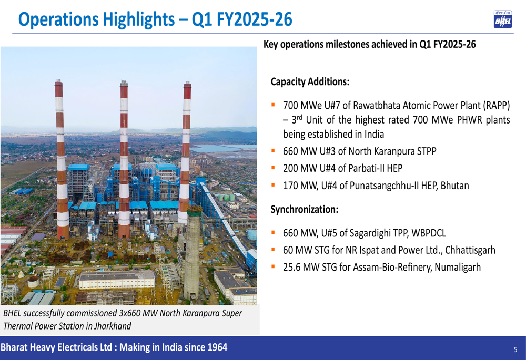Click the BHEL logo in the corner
coord(502,19)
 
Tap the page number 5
coord(515,349)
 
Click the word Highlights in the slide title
coord(138,19)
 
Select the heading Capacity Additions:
coord(310,82)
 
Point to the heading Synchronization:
coord(305,210)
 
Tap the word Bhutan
coord(454,186)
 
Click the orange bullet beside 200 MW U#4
coord(273,167)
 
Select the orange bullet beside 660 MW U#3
coord(273,150)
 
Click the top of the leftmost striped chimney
coord(59,80)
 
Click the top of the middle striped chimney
coord(124,81)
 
